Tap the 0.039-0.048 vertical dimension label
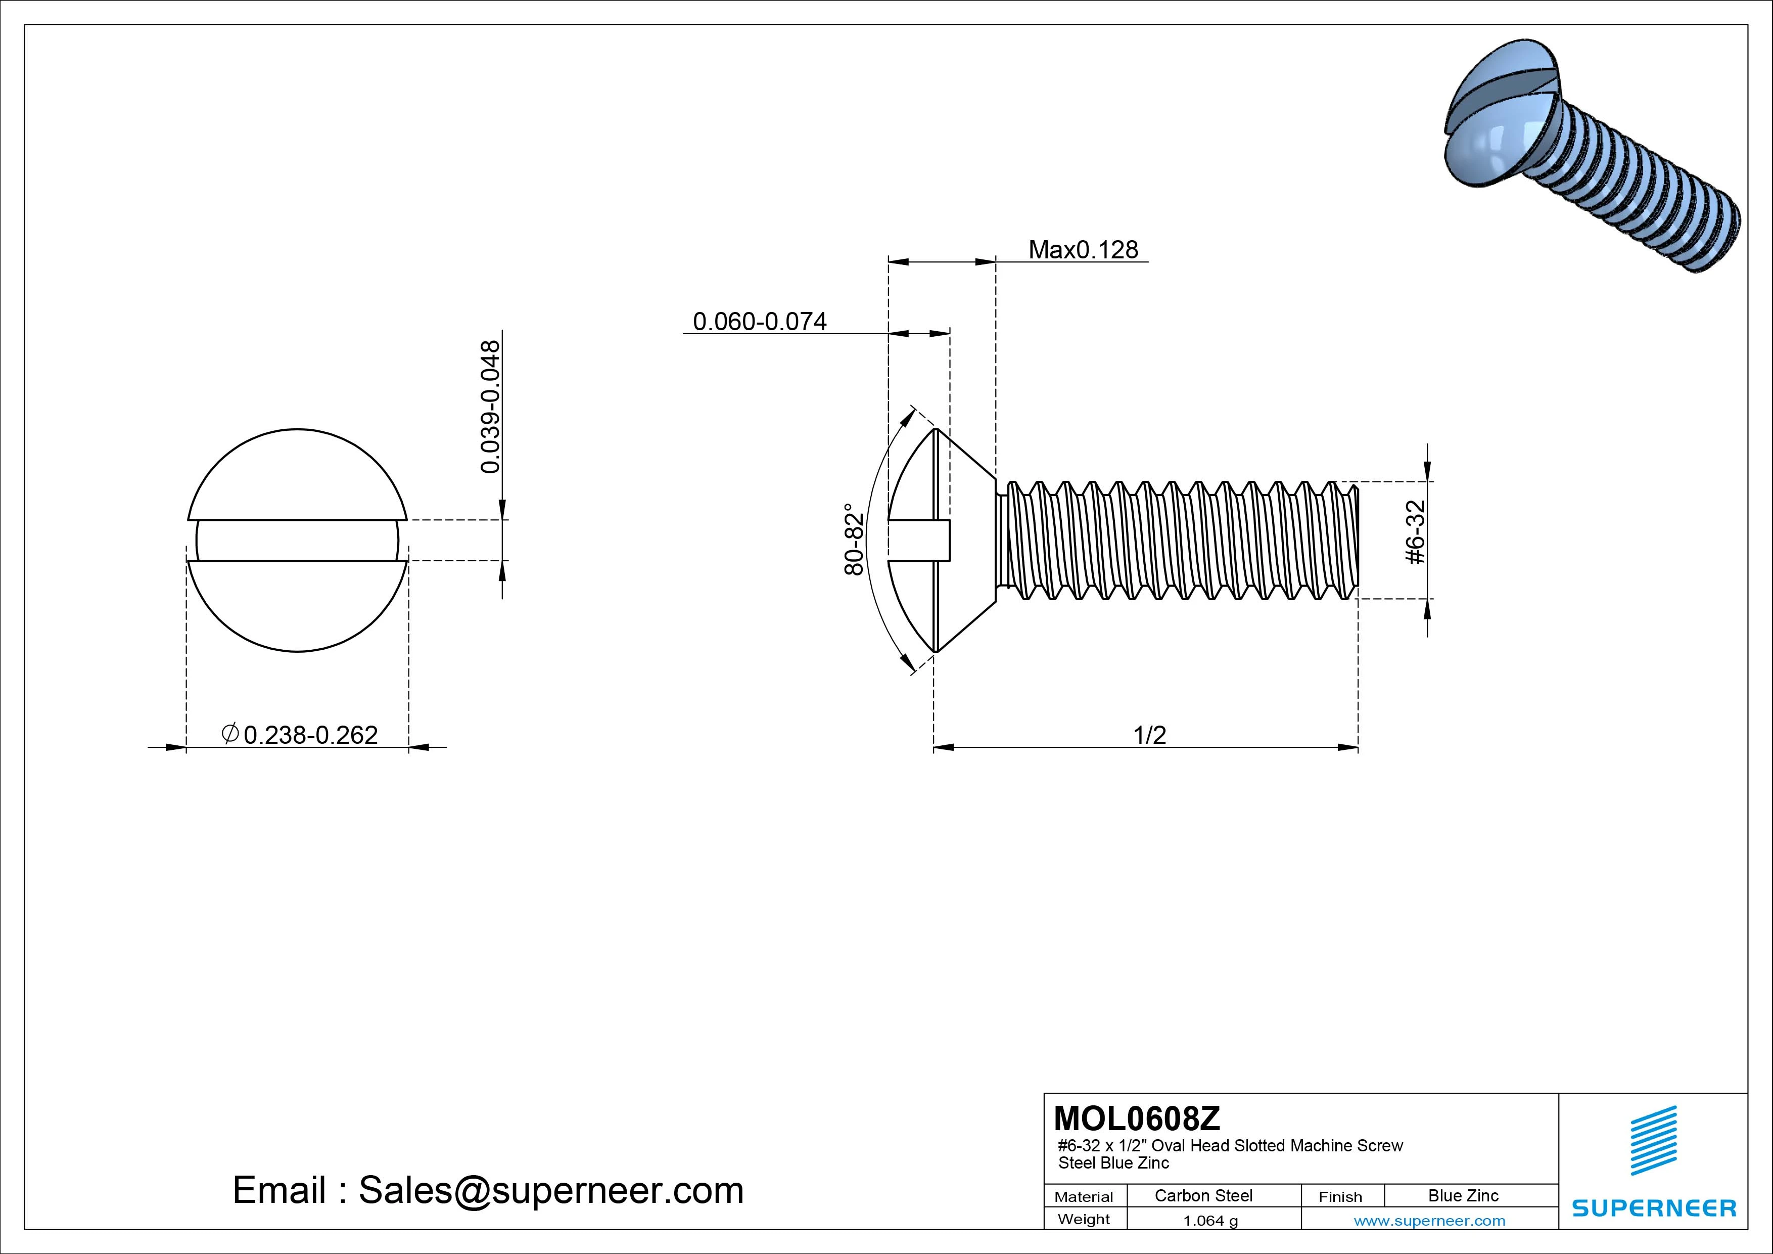click(490, 407)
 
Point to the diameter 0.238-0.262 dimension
click(300, 734)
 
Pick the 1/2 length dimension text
click(1148, 734)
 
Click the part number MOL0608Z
click(1137, 1118)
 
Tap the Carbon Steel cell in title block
click(1202, 1195)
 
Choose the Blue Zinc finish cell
click(1463, 1195)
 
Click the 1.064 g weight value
click(1210, 1221)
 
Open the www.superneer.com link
click(1429, 1221)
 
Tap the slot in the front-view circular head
click(297, 540)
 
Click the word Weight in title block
click(1084, 1219)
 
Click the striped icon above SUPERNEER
click(1653, 1140)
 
